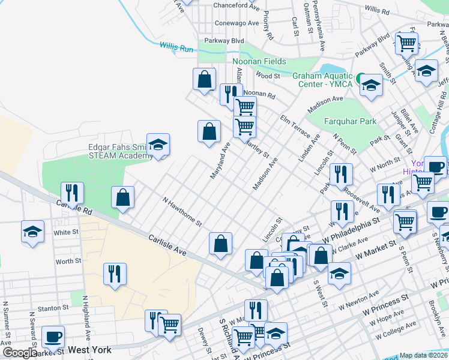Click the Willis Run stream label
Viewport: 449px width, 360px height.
coord(177,46)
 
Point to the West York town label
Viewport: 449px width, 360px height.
coord(91,349)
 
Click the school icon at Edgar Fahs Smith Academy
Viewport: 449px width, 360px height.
coord(158,145)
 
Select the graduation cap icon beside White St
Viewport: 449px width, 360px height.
coord(32,230)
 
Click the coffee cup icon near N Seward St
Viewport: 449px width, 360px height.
coord(53,337)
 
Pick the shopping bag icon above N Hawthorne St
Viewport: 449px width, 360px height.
coord(122,197)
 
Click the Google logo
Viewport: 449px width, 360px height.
coord(19,353)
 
